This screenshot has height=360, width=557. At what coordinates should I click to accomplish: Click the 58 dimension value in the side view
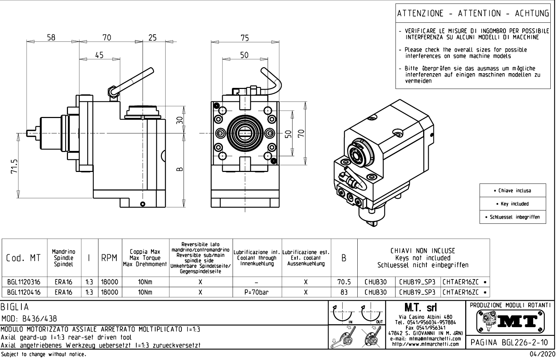click(51, 37)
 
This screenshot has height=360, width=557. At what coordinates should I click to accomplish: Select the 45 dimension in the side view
click(99, 55)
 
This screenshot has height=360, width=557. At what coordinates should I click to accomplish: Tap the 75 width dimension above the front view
click(245, 37)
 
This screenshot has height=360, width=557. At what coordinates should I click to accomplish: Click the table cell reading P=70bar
click(257, 292)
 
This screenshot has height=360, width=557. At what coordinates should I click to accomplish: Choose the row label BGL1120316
click(24, 282)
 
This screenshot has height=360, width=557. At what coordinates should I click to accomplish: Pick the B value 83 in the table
click(344, 292)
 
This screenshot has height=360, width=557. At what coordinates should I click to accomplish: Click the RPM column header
click(109, 258)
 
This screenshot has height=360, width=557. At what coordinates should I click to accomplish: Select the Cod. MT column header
click(23, 258)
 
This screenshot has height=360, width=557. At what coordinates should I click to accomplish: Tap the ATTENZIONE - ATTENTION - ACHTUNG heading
click(473, 13)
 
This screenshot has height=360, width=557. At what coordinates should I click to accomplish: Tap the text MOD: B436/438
click(29, 319)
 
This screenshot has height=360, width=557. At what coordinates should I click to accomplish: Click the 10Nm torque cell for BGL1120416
click(145, 292)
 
